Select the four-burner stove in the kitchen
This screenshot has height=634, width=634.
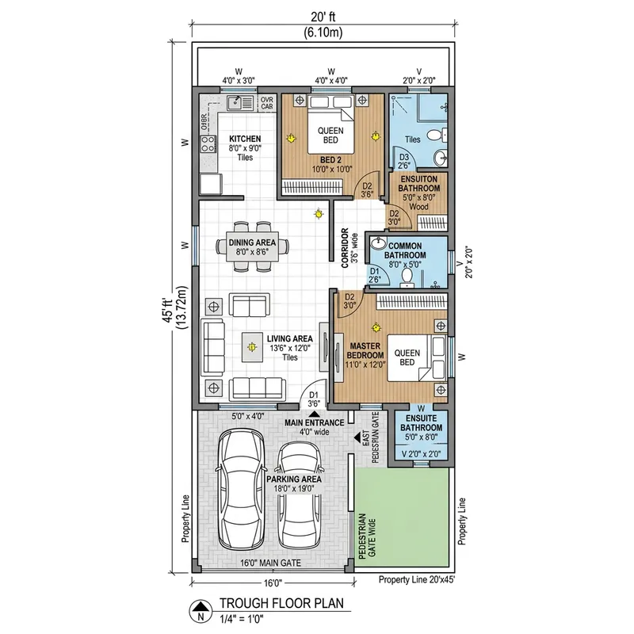click(209, 144)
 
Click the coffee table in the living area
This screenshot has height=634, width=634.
click(252, 346)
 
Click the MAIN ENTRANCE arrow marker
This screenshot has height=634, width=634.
click(314, 413)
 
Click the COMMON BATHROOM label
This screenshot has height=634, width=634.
click(406, 250)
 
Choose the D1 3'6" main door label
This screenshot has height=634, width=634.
click(313, 399)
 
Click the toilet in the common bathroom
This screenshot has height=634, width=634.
click(409, 276)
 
